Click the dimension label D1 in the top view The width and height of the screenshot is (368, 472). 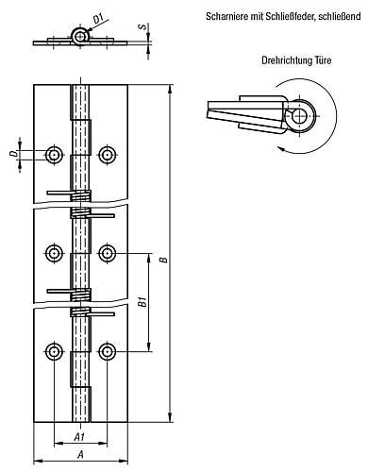[98, 19]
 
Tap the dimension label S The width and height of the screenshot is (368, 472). [143, 26]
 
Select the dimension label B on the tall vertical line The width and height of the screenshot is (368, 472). [163, 260]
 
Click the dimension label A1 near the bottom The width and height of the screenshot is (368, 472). [79, 436]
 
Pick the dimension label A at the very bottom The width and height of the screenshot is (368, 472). [80, 454]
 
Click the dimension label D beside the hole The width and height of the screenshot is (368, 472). [13, 154]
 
